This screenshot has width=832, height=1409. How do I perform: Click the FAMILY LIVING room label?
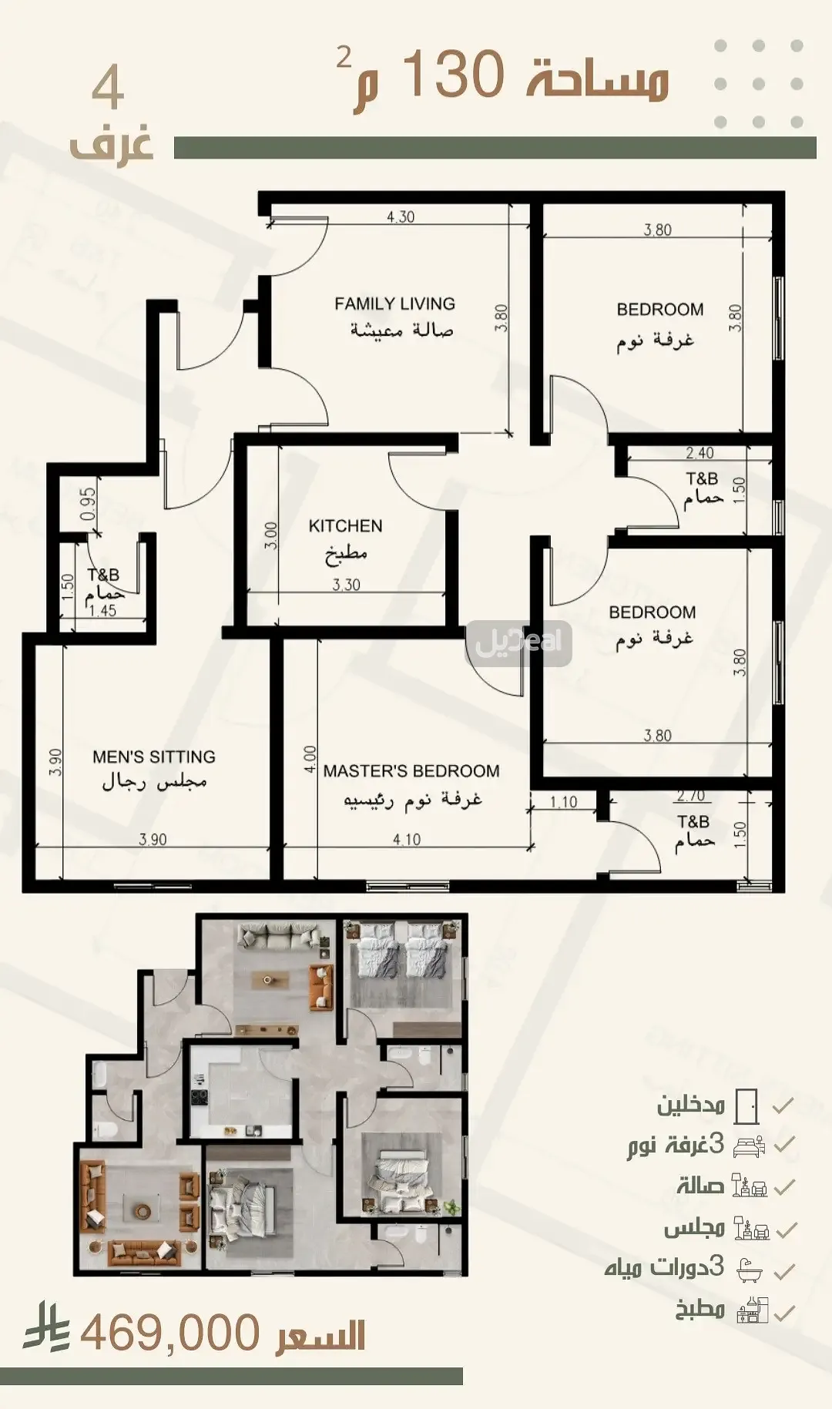(x=394, y=304)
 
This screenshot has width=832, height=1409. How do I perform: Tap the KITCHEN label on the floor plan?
(x=345, y=526)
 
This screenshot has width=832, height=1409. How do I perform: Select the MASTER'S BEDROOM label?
(x=411, y=771)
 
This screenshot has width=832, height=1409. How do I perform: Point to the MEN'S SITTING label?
(x=154, y=757)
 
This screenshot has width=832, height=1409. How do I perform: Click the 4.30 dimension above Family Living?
(x=401, y=217)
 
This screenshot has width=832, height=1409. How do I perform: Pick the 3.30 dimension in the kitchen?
(x=347, y=585)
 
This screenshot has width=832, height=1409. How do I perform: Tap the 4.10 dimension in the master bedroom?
(x=407, y=840)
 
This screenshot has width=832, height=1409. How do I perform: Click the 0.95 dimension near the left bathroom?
(x=89, y=503)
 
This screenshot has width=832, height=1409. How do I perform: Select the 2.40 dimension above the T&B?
(x=699, y=453)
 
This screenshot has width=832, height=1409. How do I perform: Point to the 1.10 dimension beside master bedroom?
(x=564, y=802)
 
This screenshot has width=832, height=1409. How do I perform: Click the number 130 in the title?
(x=453, y=75)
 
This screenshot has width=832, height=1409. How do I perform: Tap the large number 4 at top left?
(x=108, y=89)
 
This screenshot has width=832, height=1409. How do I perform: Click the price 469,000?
(x=169, y=1334)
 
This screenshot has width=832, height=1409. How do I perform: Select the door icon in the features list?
(x=746, y=1106)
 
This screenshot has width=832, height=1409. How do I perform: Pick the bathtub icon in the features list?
(x=750, y=1270)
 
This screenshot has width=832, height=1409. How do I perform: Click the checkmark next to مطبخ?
(x=783, y=1312)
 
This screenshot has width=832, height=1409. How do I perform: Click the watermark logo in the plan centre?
(x=519, y=642)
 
